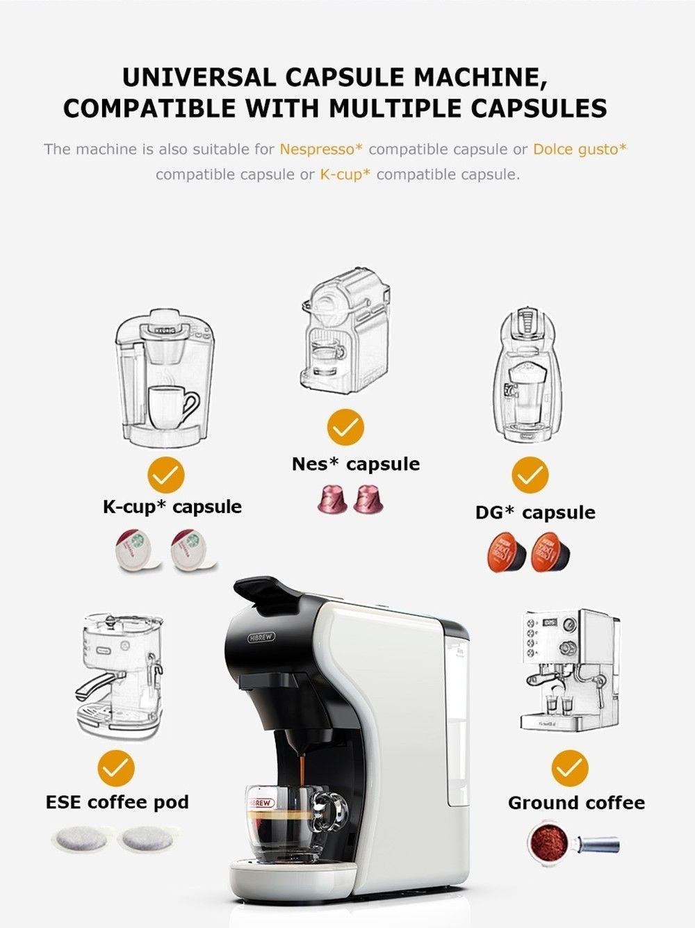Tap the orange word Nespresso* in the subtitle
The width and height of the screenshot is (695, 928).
321,149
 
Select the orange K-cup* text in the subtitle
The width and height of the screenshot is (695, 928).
345,174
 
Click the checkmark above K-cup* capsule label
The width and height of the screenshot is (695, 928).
166,475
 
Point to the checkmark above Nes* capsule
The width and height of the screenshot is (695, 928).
345,427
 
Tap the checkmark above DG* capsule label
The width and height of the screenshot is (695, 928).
530,475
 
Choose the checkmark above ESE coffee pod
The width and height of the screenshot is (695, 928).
116,768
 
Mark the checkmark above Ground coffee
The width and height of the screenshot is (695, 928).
569,768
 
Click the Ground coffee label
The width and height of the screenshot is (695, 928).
576,803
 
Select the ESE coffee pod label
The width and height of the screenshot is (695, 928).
117,802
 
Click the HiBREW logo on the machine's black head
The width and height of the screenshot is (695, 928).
261,637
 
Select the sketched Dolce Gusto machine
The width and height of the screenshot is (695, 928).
528,375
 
